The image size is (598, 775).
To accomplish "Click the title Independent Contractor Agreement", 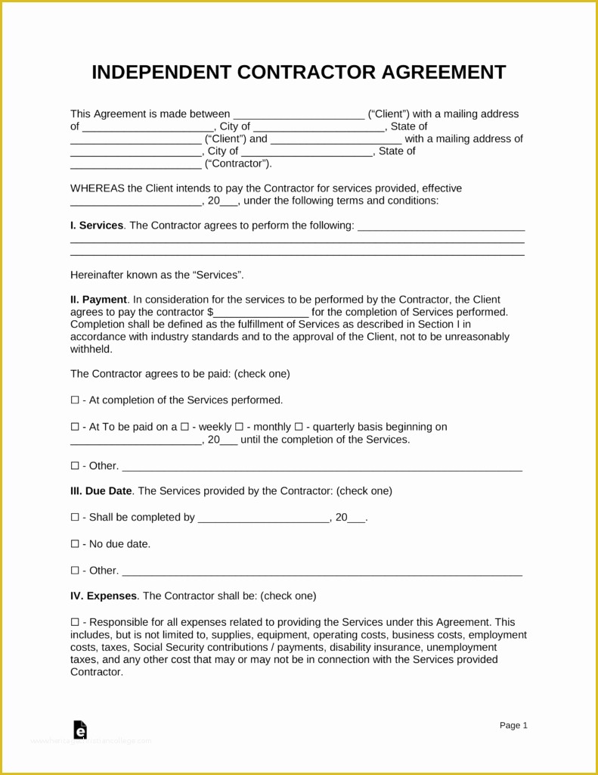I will point(299,72).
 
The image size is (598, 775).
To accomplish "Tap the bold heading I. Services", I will point(97,226).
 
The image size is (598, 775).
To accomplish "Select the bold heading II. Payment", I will point(99,300).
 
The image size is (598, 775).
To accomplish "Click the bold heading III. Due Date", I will point(101,490).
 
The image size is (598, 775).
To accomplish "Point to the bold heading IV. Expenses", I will point(104,596).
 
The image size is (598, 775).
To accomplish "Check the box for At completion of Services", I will point(74,400).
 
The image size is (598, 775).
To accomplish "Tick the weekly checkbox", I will point(185,427).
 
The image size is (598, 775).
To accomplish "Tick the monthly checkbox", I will point(239,427).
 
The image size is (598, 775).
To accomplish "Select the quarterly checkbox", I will point(299,427).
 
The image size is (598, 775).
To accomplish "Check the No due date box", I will point(74,544).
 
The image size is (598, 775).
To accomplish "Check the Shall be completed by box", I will point(74,518).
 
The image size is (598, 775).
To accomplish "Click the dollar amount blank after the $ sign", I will point(262,313).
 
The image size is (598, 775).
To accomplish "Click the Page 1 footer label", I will point(513,725).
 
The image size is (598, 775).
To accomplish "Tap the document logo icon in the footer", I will point(80,730).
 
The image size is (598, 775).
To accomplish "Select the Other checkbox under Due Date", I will point(74,571).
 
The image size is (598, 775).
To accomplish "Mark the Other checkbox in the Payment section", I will point(74,465).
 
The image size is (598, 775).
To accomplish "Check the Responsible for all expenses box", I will point(74,622).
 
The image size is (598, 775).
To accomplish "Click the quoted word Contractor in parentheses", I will point(237,163).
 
